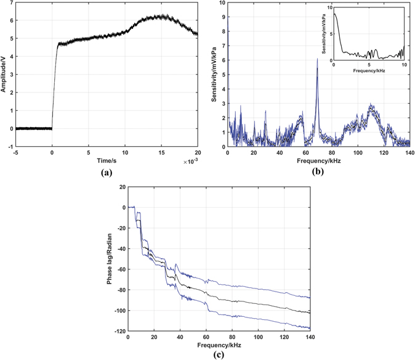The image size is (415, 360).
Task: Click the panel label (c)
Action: coord(219,355)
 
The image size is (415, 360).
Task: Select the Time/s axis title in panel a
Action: coord(105,160)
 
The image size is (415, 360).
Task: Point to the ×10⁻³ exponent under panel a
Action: coord(189,161)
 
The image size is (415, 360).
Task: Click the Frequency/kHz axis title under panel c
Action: coord(219,345)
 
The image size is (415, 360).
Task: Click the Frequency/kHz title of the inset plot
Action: coord(369,72)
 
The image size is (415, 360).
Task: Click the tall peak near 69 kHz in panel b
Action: coord(318,60)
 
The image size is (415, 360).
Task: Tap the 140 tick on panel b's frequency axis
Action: coord(409,153)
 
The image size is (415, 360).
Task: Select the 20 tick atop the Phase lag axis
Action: coord(121,187)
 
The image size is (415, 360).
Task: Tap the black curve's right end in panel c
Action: coord(310,313)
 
